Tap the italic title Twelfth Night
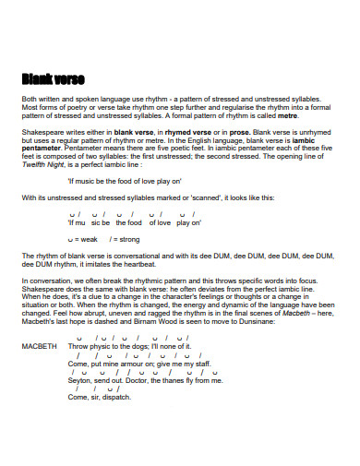[x=42, y=165]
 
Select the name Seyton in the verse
[x=80, y=379]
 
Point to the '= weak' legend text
[x=84, y=238]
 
